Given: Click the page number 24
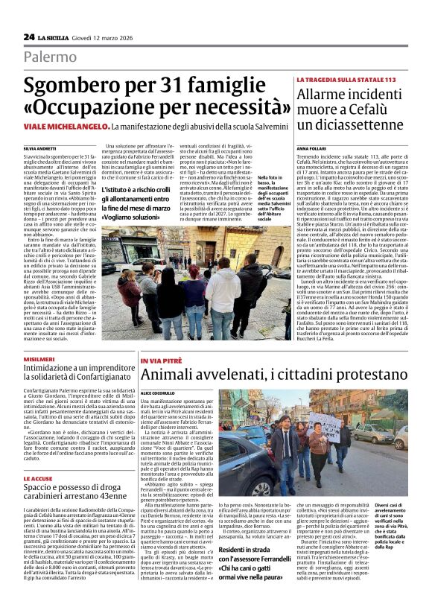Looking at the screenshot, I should (29, 36).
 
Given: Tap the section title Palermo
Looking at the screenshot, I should (49, 57).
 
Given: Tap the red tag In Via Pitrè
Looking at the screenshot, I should (161, 361).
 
